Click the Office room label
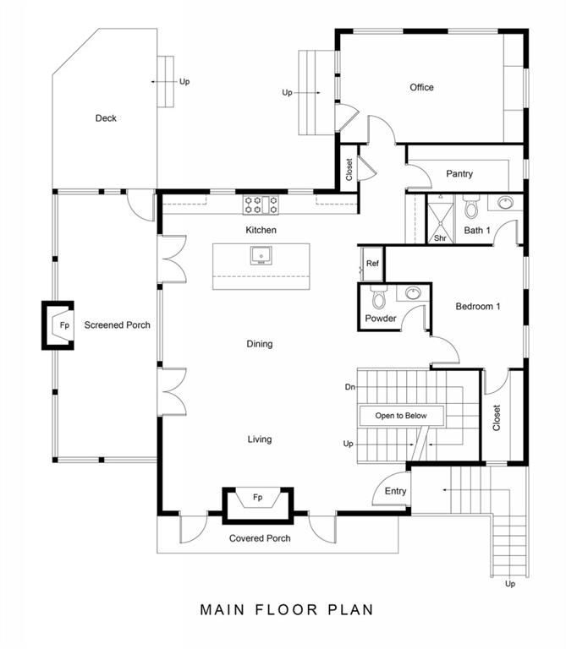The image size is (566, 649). point(421,87)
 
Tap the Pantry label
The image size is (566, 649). point(459,174)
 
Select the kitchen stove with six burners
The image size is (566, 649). point(261,205)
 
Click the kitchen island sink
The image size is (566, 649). point(261,255)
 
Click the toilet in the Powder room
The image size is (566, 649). point(378,297)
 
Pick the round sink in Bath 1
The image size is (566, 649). point(505,203)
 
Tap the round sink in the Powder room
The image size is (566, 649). point(413,293)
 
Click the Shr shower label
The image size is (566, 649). point(440,238)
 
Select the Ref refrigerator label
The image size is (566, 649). point(372,264)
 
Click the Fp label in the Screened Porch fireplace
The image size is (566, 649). point(64,325)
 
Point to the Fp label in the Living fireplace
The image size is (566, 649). point(257,497)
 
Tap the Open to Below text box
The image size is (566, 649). point(401,416)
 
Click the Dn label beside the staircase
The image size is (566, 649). point(349,387)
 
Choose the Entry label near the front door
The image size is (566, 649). point(395,491)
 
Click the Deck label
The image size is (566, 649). point(106,118)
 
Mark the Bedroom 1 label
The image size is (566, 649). point(478,306)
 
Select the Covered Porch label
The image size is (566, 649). point(260,538)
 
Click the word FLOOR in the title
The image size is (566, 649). point(287,609)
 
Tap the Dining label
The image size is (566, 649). point(260,344)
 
